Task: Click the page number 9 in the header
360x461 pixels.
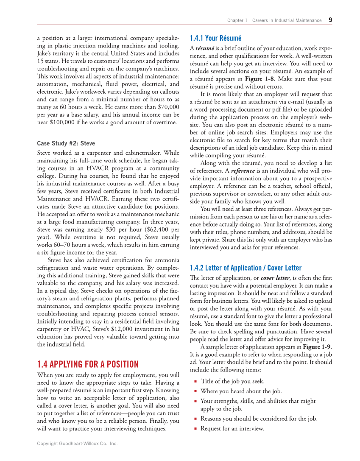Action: tap(330, 20)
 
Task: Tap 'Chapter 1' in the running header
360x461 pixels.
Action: tap(237, 20)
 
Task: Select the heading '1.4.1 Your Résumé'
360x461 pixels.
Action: tap(215, 38)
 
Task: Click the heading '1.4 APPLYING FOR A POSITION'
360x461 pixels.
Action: tap(88, 364)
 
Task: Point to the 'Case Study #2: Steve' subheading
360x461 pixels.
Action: tap(66, 143)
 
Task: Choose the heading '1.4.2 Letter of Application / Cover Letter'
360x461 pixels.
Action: tap(246, 268)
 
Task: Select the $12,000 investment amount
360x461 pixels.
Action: tap(120, 329)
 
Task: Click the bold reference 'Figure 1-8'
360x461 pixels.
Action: tap(260, 79)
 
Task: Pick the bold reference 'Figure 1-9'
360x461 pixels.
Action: tap(317, 346)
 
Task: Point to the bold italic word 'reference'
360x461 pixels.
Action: tap(246, 170)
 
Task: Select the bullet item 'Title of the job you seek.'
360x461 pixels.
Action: tap(232, 381)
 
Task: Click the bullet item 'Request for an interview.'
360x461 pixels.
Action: tap(232, 428)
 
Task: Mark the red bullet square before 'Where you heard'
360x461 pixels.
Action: tap(195, 391)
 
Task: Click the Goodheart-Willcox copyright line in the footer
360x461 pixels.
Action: tap(77, 444)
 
